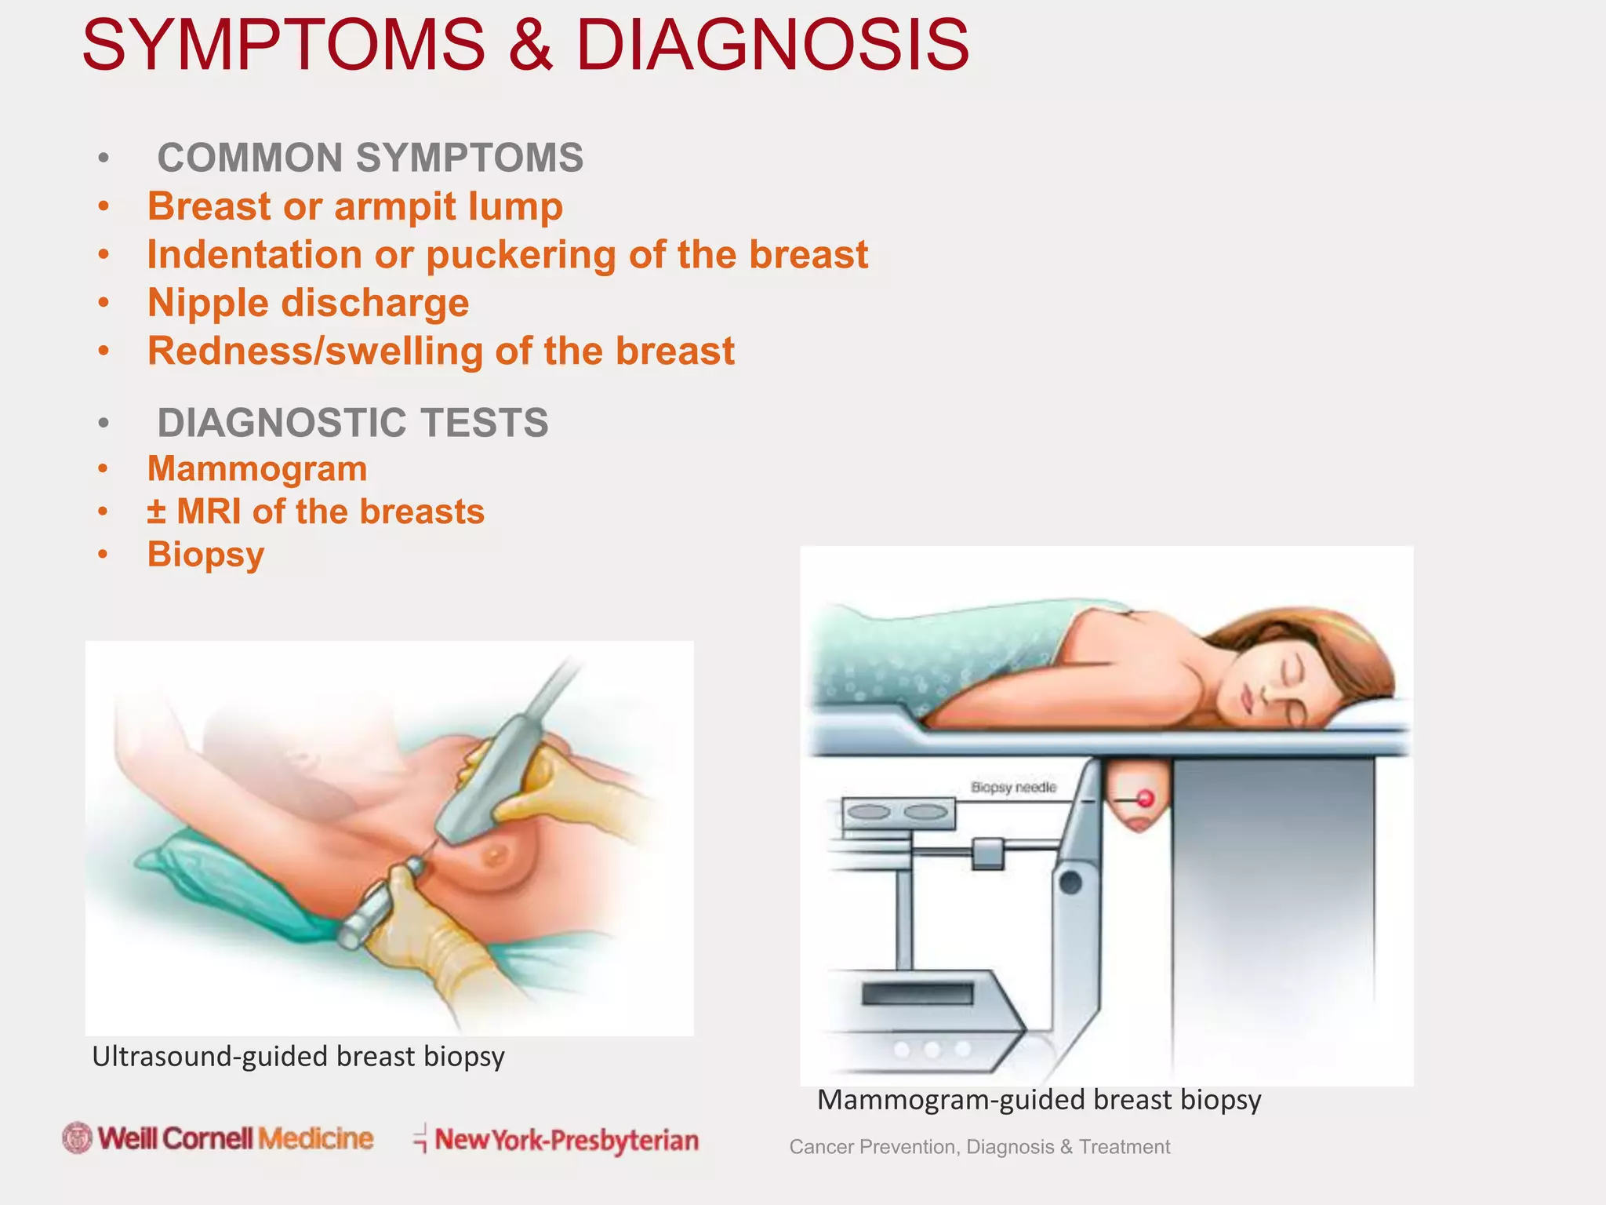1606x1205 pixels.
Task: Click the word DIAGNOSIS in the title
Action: click(x=772, y=45)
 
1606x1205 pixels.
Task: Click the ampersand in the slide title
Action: click(x=530, y=45)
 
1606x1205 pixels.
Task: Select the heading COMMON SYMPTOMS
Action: click(x=370, y=158)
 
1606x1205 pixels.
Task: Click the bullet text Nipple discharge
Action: click(x=308, y=303)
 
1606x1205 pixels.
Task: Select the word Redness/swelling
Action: click(x=314, y=351)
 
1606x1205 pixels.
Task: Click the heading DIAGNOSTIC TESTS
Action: click(x=353, y=423)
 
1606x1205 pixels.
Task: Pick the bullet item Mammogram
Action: click(x=257, y=469)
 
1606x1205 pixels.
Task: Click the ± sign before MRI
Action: click(x=156, y=511)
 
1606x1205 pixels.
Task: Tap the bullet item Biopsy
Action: click(x=205, y=555)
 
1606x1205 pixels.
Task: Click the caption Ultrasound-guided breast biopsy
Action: click(x=298, y=1057)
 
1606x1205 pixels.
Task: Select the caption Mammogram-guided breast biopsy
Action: click(x=1038, y=1100)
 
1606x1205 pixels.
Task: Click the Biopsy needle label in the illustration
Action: click(x=1013, y=787)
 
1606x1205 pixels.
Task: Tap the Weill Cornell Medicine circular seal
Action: click(x=78, y=1138)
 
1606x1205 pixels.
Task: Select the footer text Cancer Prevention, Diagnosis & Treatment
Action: click(x=979, y=1147)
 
